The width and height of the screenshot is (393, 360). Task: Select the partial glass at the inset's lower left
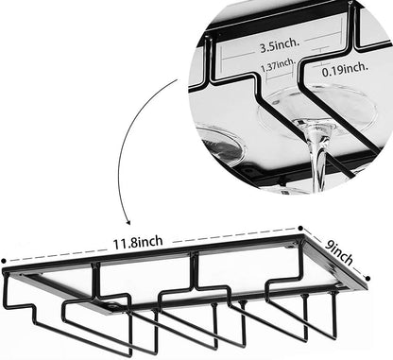tap(219, 147)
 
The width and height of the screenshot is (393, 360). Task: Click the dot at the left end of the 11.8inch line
tap(4, 263)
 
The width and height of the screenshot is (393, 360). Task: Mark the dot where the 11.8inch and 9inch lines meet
tap(301, 229)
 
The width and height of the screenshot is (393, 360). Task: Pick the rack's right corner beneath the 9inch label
tap(365, 284)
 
